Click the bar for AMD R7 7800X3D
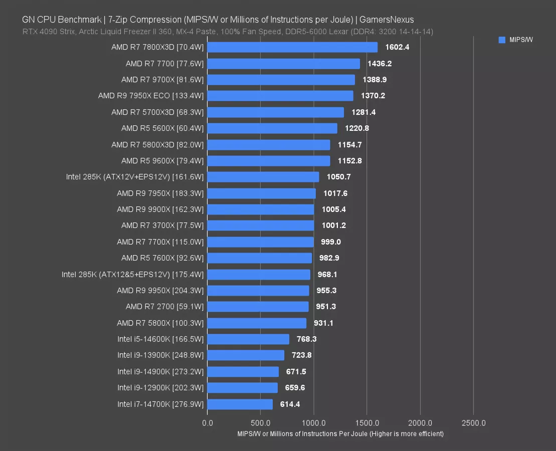click(x=292, y=47)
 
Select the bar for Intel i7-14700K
click(x=240, y=404)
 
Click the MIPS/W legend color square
click(x=502, y=40)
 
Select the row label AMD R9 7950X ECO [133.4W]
click(x=151, y=96)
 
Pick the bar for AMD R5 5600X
click(x=272, y=128)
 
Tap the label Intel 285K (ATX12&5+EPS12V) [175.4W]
click(x=133, y=275)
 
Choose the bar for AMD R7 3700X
click(x=261, y=225)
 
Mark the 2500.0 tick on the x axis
click(x=473, y=423)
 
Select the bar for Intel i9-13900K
click(x=246, y=355)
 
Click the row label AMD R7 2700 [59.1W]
click(x=164, y=307)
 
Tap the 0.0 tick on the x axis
click(x=207, y=423)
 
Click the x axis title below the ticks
click(x=340, y=433)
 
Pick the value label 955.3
click(x=326, y=291)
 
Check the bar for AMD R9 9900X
click(x=261, y=209)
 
